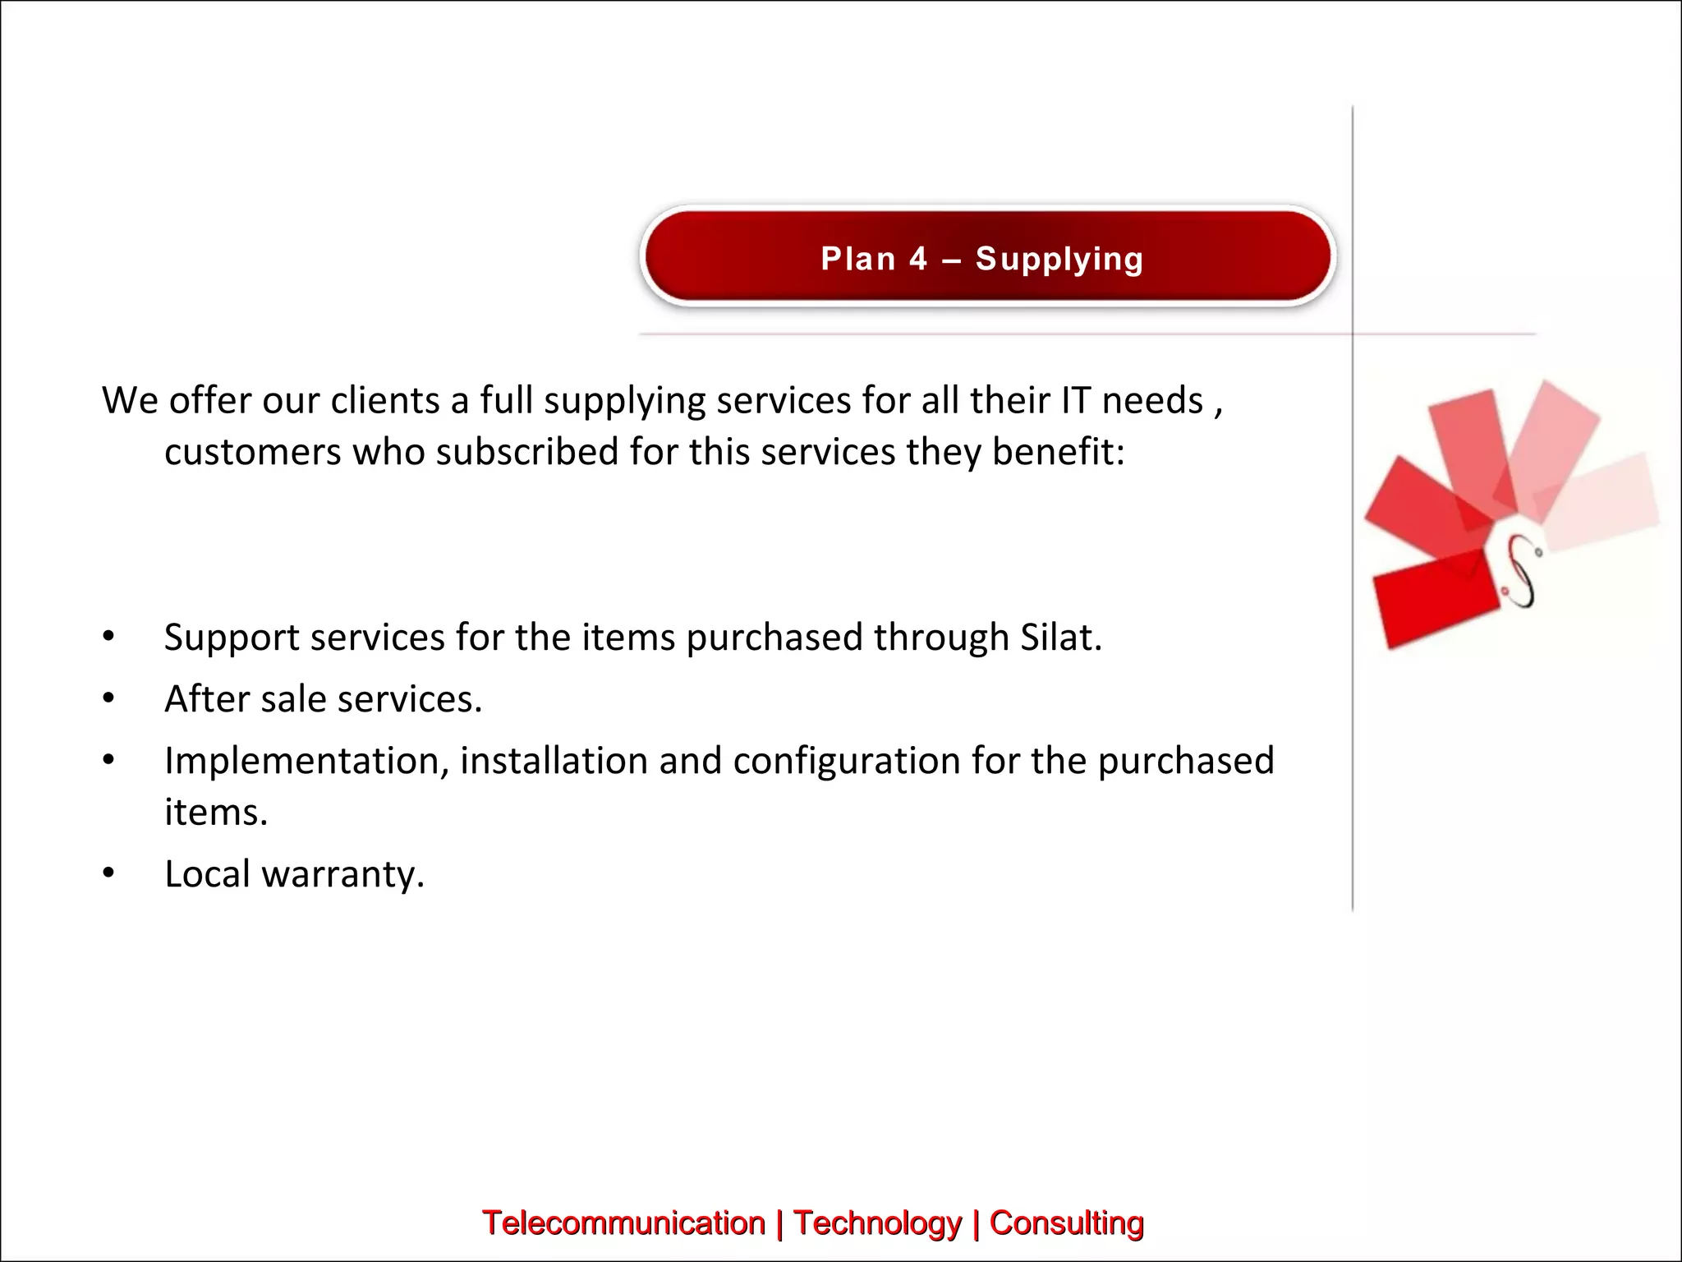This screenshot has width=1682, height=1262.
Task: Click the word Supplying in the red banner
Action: point(1059,260)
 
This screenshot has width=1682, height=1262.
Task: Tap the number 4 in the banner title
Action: point(917,260)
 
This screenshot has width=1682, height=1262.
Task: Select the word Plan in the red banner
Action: point(858,260)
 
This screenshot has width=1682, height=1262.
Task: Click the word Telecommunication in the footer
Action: point(623,1223)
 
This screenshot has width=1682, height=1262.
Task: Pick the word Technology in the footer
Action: point(877,1223)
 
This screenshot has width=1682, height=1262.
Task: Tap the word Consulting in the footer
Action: point(1066,1223)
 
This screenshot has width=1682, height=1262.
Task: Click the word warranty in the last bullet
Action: point(342,874)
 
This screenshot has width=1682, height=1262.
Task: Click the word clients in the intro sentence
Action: point(384,401)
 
